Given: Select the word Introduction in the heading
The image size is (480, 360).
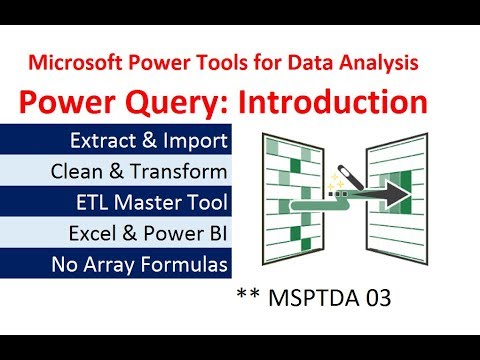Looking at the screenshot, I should point(341,102).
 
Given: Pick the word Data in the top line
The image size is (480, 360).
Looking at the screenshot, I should point(316,64).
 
